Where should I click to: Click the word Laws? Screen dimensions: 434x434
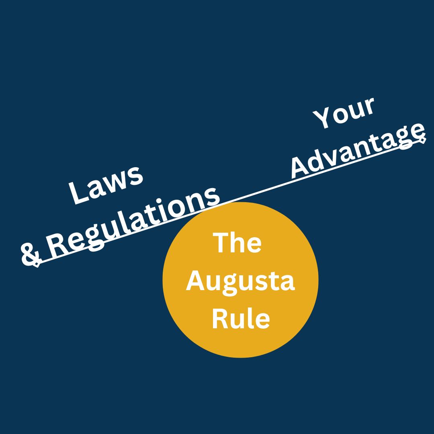[x=106, y=185]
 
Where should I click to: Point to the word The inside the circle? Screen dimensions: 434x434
[x=237, y=243]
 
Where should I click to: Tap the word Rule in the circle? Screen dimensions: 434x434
[x=241, y=318]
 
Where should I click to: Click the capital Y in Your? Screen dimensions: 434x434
[x=322, y=119]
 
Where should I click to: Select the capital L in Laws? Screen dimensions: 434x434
[x=79, y=192]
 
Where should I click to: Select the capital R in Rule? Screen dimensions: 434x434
[x=220, y=318]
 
